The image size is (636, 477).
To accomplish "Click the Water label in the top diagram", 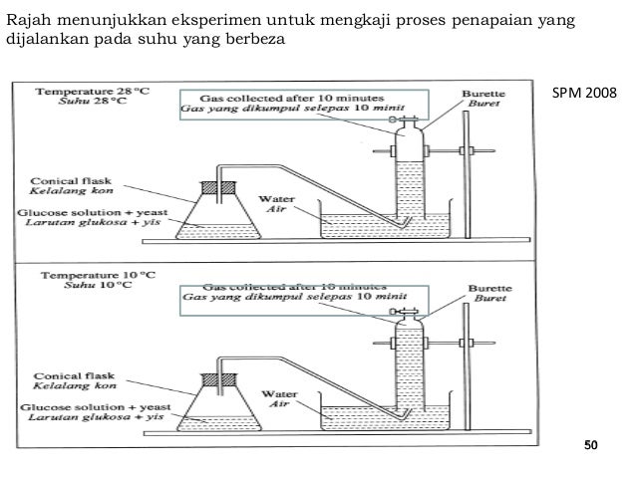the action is (273, 199).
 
